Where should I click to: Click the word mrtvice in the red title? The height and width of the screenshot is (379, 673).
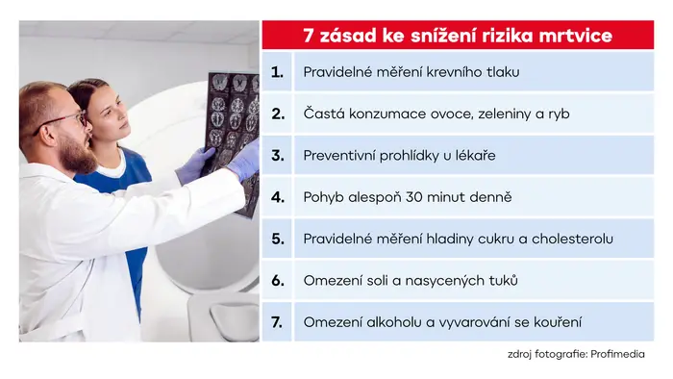tap(576, 36)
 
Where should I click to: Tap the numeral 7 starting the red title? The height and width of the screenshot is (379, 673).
tap(309, 36)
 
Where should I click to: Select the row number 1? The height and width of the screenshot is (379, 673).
tap(277, 72)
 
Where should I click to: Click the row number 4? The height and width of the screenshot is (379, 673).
tap(278, 197)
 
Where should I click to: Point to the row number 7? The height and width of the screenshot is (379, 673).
tap(277, 322)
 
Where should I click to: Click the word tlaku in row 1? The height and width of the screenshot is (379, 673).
tap(503, 72)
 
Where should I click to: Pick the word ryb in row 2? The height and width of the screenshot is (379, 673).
tap(559, 114)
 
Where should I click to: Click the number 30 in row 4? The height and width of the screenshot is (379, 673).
tap(414, 197)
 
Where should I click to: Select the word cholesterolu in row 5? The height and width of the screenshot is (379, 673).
tap(572, 239)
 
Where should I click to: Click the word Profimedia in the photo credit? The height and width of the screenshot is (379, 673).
tap(617, 354)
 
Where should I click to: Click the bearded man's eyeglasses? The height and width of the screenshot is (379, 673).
tap(64, 121)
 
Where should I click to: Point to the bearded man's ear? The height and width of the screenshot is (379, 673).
tap(46, 132)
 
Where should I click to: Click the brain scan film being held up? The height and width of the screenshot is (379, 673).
tap(232, 133)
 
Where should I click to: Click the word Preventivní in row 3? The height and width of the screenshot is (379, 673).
tap(339, 155)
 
